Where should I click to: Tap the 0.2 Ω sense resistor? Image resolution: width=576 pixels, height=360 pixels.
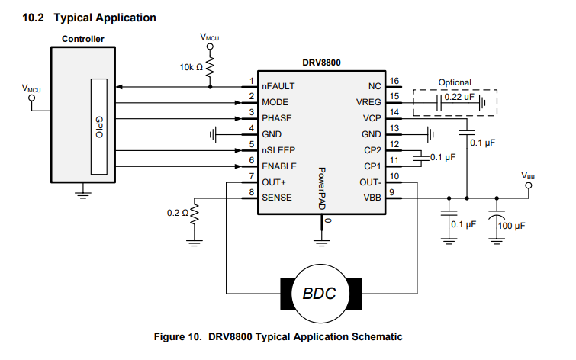[x=195, y=214]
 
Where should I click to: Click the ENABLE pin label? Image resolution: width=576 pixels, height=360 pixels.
[x=279, y=166]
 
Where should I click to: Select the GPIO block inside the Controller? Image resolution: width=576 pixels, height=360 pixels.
[x=99, y=126]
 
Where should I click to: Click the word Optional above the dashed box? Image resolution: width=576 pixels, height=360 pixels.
[x=455, y=82]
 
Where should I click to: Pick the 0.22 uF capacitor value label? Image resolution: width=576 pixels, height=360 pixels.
[x=460, y=98]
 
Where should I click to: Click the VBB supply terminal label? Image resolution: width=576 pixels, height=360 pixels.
[x=528, y=175]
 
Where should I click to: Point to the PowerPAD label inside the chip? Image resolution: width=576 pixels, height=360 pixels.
[x=322, y=189]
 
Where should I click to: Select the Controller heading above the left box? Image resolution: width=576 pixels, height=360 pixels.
[x=83, y=39]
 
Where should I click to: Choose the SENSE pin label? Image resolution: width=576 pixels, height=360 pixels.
[x=276, y=198]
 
